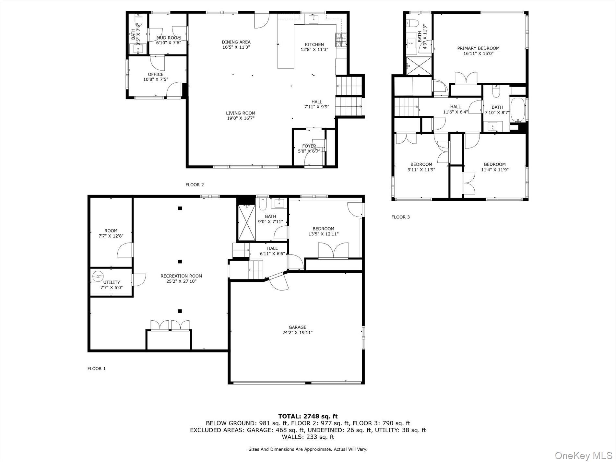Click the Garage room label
click(x=297, y=327)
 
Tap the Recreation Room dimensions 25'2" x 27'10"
click(x=181, y=281)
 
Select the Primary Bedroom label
click(x=478, y=48)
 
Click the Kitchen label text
click(x=314, y=44)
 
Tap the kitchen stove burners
click(x=341, y=40)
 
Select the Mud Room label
click(x=168, y=38)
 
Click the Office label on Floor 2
click(x=156, y=74)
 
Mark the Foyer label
click(x=309, y=146)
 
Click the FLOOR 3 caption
click(x=400, y=217)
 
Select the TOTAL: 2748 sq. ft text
click(x=308, y=416)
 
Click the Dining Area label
click(x=236, y=42)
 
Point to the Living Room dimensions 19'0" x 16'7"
click(x=241, y=118)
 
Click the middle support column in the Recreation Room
click(x=180, y=261)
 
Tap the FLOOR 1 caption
click(x=96, y=368)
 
